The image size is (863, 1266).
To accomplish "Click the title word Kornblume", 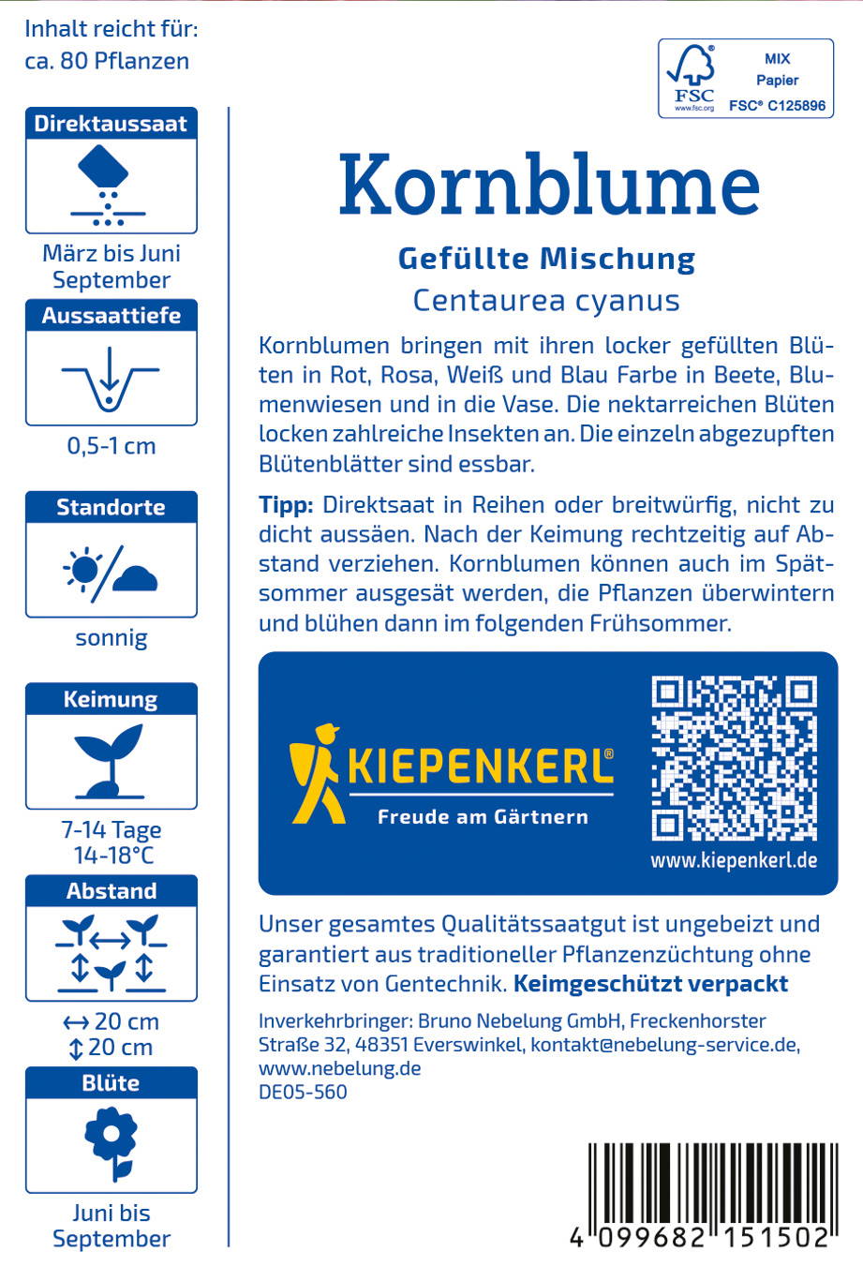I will pyautogui.click(x=548, y=185).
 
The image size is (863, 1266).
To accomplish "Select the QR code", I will pyautogui.click(x=734, y=757).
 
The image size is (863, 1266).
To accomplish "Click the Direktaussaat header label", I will pyautogui.click(x=111, y=124).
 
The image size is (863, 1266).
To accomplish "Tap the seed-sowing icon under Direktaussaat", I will pyautogui.click(x=111, y=186).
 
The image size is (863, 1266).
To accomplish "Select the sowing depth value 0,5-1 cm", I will pyautogui.click(x=111, y=446).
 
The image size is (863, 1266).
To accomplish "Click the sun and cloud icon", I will pyautogui.click(x=111, y=570).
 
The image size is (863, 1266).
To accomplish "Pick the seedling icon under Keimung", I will pyautogui.click(x=111, y=760).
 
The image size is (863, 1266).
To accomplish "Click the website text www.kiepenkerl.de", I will pyautogui.click(x=734, y=859).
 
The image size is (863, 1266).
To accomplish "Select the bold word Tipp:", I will pyautogui.click(x=286, y=505).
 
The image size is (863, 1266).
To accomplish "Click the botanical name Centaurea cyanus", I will pyautogui.click(x=546, y=301).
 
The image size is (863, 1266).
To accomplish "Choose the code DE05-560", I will pyautogui.click(x=303, y=1092).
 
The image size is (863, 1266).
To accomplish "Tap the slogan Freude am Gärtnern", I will pyautogui.click(x=483, y=817).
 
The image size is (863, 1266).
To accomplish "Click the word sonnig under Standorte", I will pyautogui.click(x=111, y=638).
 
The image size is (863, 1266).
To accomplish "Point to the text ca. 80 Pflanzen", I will pyautogui.click(x=107, y=61).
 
